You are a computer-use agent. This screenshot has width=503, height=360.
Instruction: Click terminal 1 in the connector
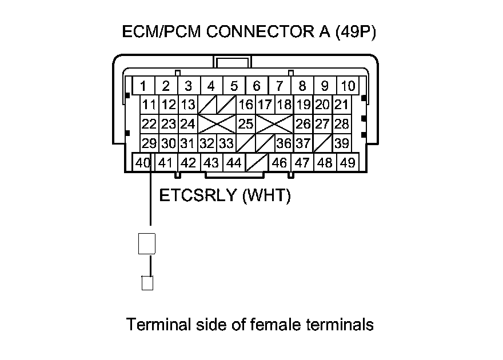click(x=143, y=86)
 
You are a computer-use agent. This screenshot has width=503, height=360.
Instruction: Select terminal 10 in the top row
click(x=348, y=86)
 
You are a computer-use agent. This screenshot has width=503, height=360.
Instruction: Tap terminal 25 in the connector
click(x=245, y=123)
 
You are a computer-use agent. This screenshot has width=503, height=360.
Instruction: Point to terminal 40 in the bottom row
click(x=143, y=162)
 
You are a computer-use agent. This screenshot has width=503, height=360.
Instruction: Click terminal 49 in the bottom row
click(x=348, y=162)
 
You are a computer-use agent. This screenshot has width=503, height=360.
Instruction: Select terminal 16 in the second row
click(x=246, y=105)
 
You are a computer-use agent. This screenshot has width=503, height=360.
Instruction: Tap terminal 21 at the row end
click(x=342, y=105)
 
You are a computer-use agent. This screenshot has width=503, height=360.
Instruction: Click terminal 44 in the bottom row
click(x=234, y=162)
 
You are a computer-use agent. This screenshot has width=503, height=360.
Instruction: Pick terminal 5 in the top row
click(x=234, y=86)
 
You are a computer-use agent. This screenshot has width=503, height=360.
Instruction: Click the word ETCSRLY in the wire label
click(x=198, y=196)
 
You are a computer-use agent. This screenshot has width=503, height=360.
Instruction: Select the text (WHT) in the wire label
click(x=266, y=196)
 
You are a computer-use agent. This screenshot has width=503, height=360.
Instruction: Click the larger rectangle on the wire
click(x=147, y=243)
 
